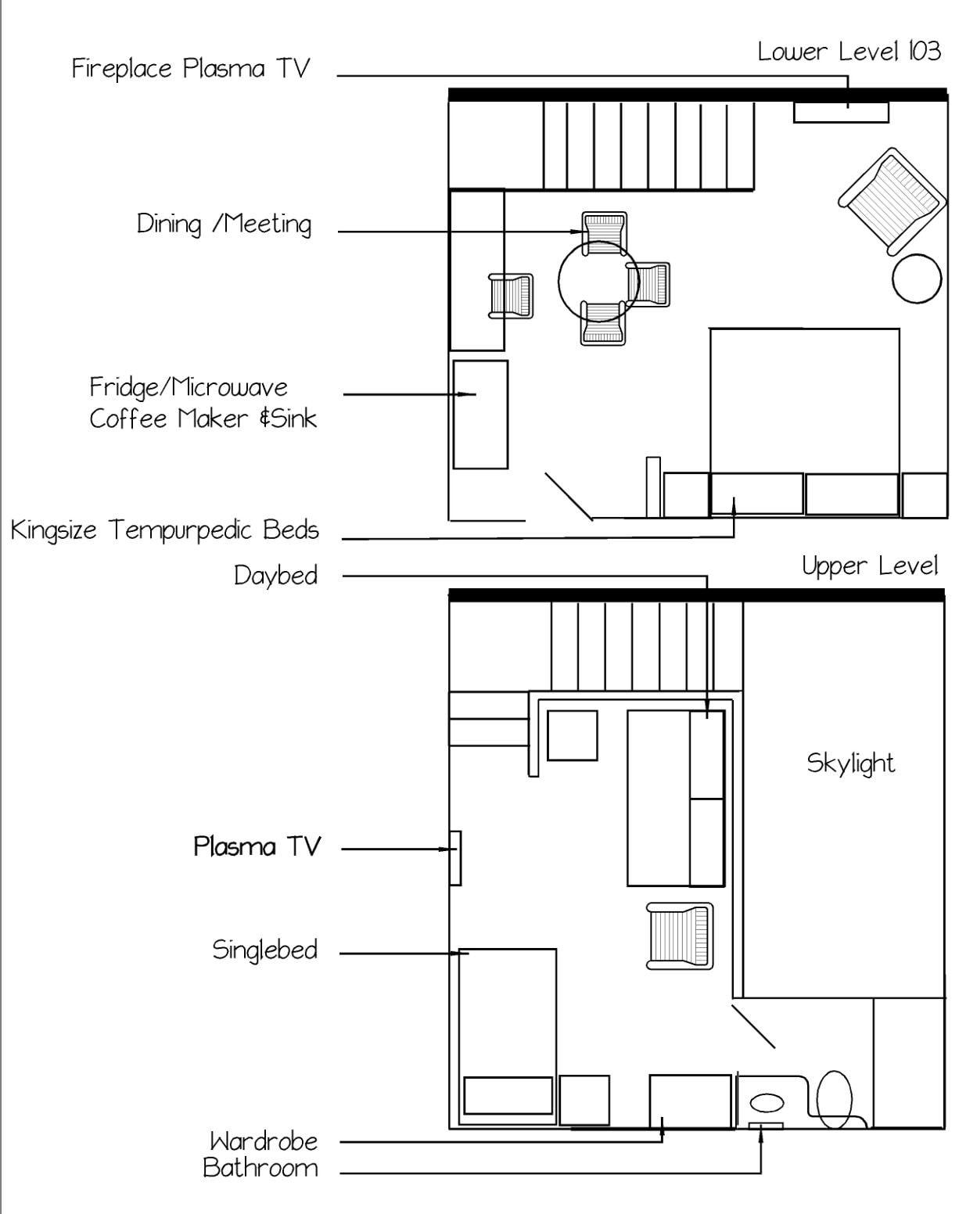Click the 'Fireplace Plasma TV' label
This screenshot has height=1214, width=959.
pyautogui.click(x=191, y=69)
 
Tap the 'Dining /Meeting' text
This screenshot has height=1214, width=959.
pyautogui.click(x=224, y=224)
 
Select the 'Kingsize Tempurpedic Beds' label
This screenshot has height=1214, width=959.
pyautogui.click(x=165, y=530)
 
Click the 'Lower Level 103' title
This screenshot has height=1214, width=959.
pyautogui.click(x=849, y=52)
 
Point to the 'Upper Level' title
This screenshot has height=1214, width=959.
pyautogui.click(x=870, y=566)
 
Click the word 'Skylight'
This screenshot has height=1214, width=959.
pyautogui.click(x=850, y=763)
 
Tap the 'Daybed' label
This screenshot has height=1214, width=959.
pyautogui.click(x=276, y=576)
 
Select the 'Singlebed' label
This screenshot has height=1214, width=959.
pyautogui.click(x=265, y=950)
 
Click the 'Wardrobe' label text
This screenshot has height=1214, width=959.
pyautogui.click(x=264, y=1141)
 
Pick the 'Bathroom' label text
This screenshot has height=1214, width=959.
pyautogui.click(x=260, y=1168)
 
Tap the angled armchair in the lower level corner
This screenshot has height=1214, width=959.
pyautogui.click(x=889, y=199)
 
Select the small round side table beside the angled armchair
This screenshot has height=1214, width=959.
pyautogui.click(x=917, y=278)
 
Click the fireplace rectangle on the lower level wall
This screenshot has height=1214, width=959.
pyautogui.click(x=841, y=113)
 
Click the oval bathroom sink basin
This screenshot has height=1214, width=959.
pyautogui.click(x=767, y=1103)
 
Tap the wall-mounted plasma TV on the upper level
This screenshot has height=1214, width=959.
pyautogui.click(x=455, y=858)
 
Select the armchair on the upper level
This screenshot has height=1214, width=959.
pyautogui.click(x=680, y=936)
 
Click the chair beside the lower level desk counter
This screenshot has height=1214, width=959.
pyautogui.click(x=511, y=296)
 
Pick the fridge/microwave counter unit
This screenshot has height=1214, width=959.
pyautogui.click(x=480, y=415)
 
